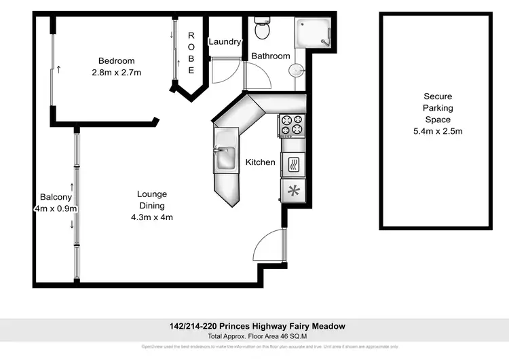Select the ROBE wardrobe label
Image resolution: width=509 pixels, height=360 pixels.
point(191,53)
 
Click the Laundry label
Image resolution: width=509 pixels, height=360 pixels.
point(225,42)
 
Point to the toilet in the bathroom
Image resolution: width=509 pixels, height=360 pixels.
point(262,29)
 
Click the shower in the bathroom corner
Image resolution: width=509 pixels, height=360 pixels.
point(313,32)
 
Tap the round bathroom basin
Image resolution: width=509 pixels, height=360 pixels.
point(296,71)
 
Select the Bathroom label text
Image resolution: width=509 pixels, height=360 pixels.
point(271,56)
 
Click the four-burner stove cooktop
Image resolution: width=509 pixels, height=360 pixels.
point(293,124)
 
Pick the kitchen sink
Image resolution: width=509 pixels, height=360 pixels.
point(225,158)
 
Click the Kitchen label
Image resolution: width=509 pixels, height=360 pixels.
point(261,162)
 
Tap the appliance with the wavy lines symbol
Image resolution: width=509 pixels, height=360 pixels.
point(293,165)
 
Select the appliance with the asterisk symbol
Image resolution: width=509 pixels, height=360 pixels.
point(293,190)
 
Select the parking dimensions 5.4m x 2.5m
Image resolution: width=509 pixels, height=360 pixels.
point(437,131)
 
